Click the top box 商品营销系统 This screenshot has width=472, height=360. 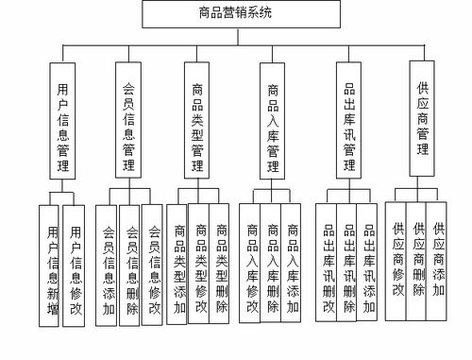pos(235,13)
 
